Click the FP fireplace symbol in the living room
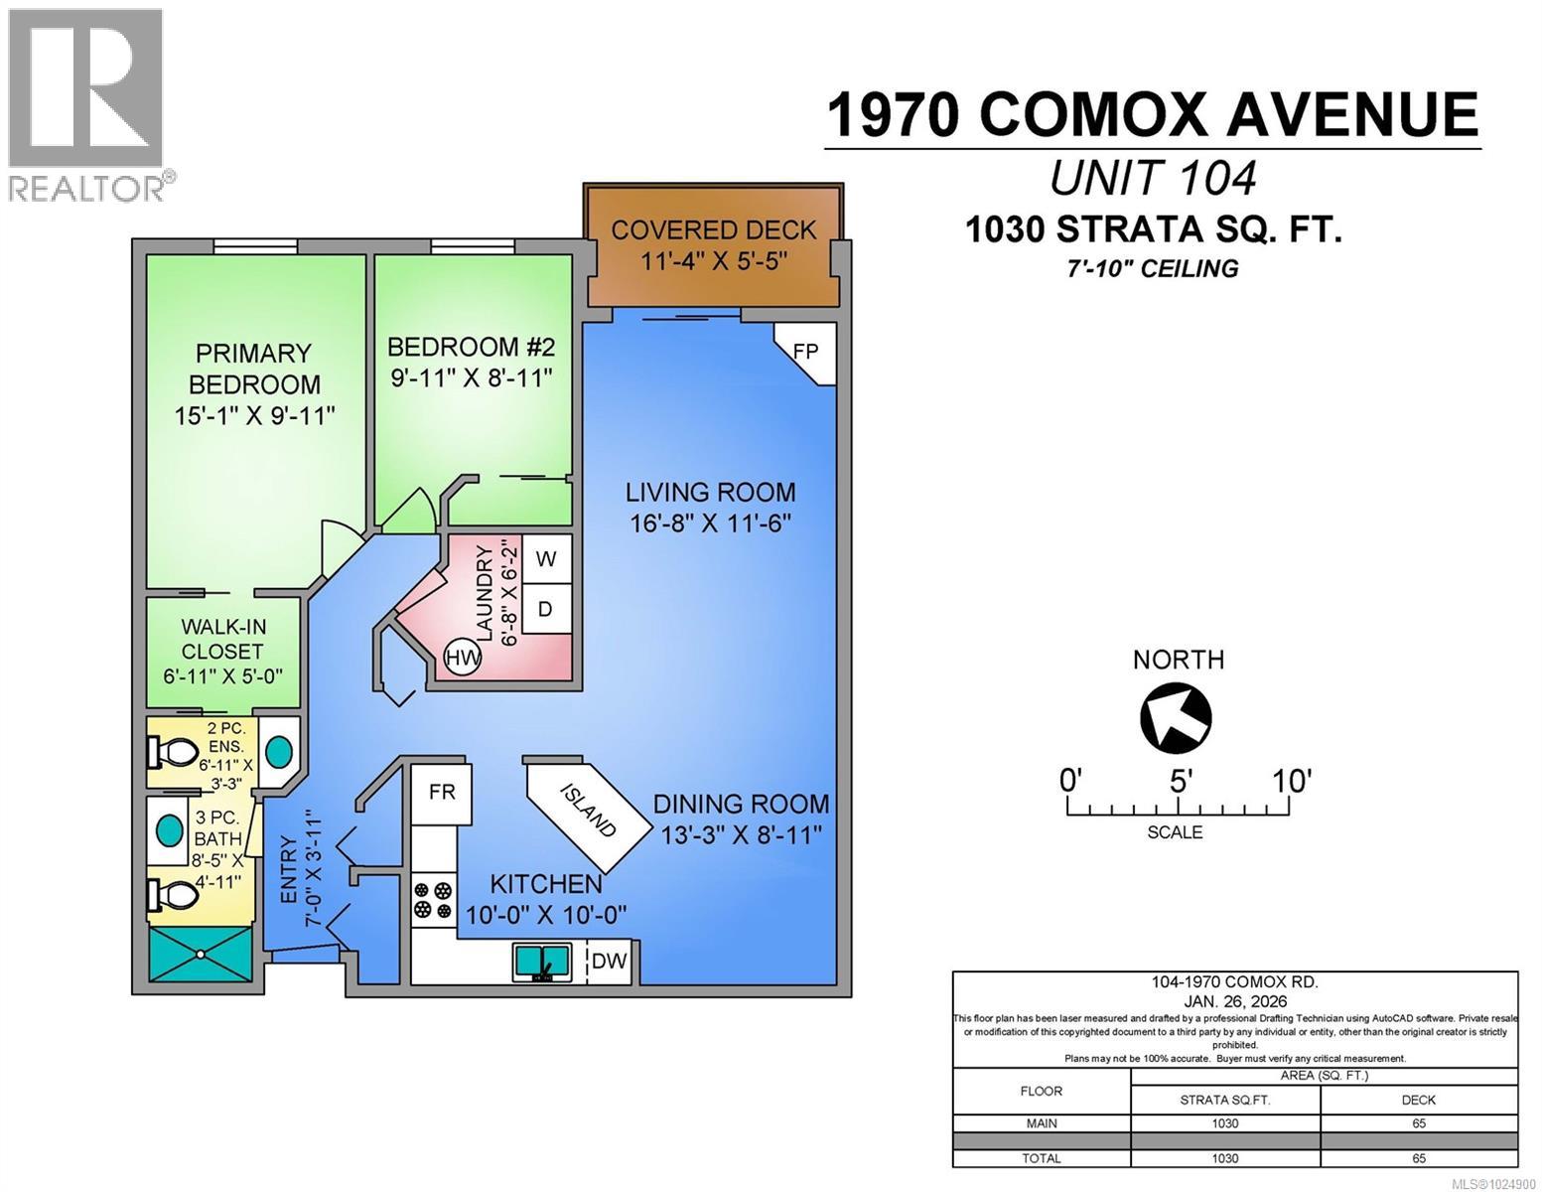coord(806,352)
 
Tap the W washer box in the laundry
coord(545,559)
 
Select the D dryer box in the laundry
coord(545,609)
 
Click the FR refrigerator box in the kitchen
coord(442,793)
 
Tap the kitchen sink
coord(541,963)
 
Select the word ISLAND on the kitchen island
coord(589,810)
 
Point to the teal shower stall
coord(201,955)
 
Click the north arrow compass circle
coord(1177,717)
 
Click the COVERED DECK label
coord(713,229)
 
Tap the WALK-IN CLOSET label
coord(222,639)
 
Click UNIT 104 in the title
coord(1153,179)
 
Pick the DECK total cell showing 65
coord(1418,1158)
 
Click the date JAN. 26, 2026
coord(1234,1000)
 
